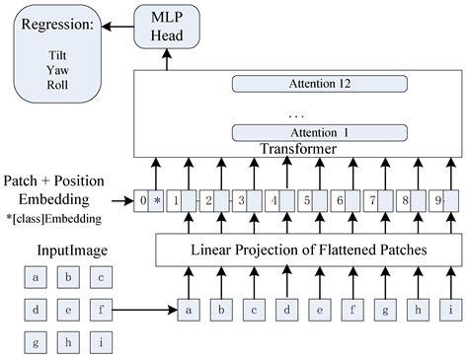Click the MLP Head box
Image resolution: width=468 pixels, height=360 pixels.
[165, 26]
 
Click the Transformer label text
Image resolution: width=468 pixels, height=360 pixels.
[297, 149]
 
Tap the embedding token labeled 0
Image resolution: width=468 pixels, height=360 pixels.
[144, 201]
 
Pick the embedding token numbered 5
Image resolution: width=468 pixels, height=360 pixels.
[307, 201]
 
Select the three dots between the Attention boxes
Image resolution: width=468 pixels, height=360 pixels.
[297, 113]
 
